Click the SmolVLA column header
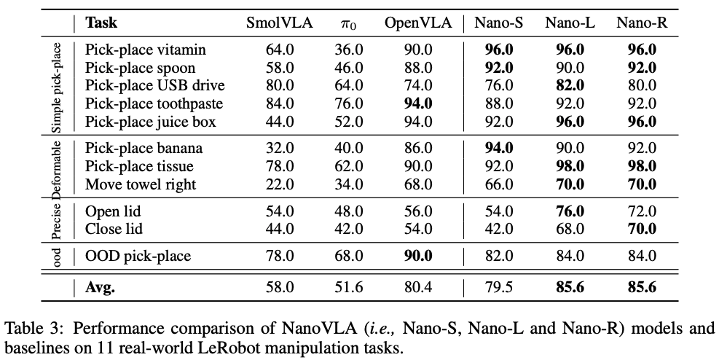click(279, 23)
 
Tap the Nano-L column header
click(570, 23)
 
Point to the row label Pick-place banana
click(144, 148)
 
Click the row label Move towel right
click(141, 184)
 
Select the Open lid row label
click(113, 211)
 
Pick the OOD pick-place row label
click(138, 256)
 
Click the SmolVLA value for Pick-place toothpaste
click(279, 103)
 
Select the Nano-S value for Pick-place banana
click(499, 148)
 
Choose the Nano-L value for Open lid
click(570, 211)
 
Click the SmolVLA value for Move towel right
click(279, 184)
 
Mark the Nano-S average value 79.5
click(499, 287)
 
